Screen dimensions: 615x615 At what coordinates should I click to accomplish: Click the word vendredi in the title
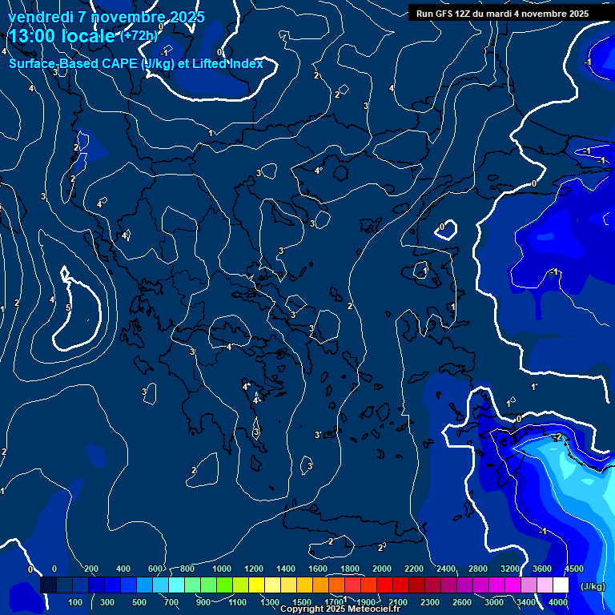(x=41, y=17)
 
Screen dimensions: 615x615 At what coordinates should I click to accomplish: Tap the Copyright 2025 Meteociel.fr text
(x=340, y=609)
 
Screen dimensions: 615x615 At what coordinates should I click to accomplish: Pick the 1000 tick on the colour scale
(x=222, y=569)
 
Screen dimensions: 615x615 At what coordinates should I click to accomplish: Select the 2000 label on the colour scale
(x=382, y=569)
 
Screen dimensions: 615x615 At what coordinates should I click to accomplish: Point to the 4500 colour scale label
(x=573, y=569)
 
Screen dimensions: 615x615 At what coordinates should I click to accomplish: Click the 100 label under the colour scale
(x=75, y=601)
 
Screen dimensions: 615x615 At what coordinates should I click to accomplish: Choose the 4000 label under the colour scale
(x=558, y=601)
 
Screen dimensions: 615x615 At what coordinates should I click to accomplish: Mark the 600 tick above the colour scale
(x=155, y=569)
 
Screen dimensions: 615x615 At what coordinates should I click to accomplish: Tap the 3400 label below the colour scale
(x=526, y=601)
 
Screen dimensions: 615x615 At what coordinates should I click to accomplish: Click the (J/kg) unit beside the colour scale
(x=593, y=586)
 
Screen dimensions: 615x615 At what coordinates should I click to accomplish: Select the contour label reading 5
(x=68, y=307)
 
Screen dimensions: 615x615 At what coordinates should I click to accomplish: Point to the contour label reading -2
(x=557, y=436)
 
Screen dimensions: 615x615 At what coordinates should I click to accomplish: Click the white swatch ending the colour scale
(x=561, y=585)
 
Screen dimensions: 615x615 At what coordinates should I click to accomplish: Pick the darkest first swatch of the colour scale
(x=48, y=585)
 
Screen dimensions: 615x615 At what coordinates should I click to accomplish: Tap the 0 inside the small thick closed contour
(x=441, y=227)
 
